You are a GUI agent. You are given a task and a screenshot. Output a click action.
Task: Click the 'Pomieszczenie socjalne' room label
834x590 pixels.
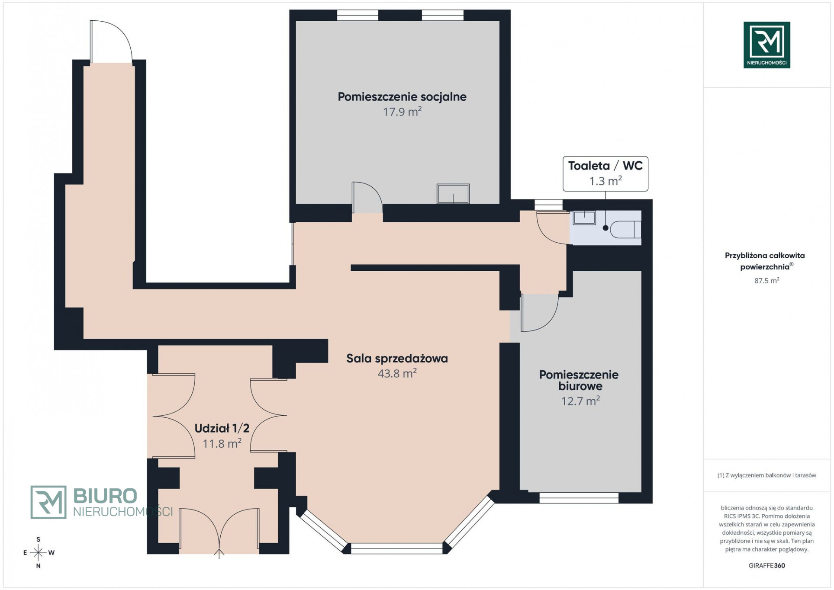(402, 97)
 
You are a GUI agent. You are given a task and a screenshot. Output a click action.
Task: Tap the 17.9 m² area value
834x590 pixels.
(402, 112)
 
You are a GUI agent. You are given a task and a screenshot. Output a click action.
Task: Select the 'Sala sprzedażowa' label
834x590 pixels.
(397, 359)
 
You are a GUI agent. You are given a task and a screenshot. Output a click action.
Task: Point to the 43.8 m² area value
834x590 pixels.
(397, 373)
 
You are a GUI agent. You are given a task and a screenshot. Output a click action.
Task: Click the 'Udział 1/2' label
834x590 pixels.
(222, 429)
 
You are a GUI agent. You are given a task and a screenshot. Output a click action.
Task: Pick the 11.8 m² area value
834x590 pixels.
(222, 443)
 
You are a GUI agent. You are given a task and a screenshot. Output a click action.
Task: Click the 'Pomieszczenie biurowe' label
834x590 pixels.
(579, 380)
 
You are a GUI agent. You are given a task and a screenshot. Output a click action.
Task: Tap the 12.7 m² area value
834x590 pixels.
(580, 401)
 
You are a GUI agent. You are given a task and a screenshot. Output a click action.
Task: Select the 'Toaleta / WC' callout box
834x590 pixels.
(605, 174)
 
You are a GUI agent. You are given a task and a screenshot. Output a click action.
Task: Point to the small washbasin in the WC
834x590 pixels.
(584, 218)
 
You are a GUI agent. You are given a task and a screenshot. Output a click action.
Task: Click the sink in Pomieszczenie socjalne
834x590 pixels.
(453, 193)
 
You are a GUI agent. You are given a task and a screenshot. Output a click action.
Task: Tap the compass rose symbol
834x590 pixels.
(38, 552)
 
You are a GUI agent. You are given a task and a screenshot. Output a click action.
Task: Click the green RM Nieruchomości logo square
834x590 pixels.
(767, 45)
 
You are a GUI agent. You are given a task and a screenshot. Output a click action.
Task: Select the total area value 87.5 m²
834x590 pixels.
(767, 281)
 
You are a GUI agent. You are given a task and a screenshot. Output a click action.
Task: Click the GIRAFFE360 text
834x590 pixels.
(767, 565)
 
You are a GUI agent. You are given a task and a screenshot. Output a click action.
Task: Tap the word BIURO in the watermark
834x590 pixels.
(105, 496)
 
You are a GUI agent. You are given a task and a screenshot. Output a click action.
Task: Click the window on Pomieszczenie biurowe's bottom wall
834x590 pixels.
(579, 498)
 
